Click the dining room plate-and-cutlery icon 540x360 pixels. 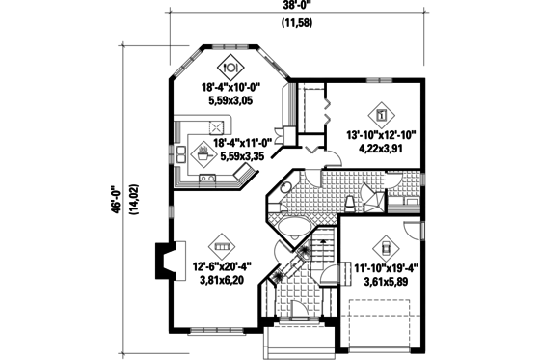pyautogui.click(x=232, y=69)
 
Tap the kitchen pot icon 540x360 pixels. pyautogui.click(x=202, y=152)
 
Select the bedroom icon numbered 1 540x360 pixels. pyautogui.click(x=382, y=115)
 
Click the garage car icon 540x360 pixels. pyautogui.click(x=385, y=244)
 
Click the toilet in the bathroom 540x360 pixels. pyautogui.click(x=350, y=201)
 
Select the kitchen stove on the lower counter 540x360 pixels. pyautogui.click(x=207, y=180)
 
